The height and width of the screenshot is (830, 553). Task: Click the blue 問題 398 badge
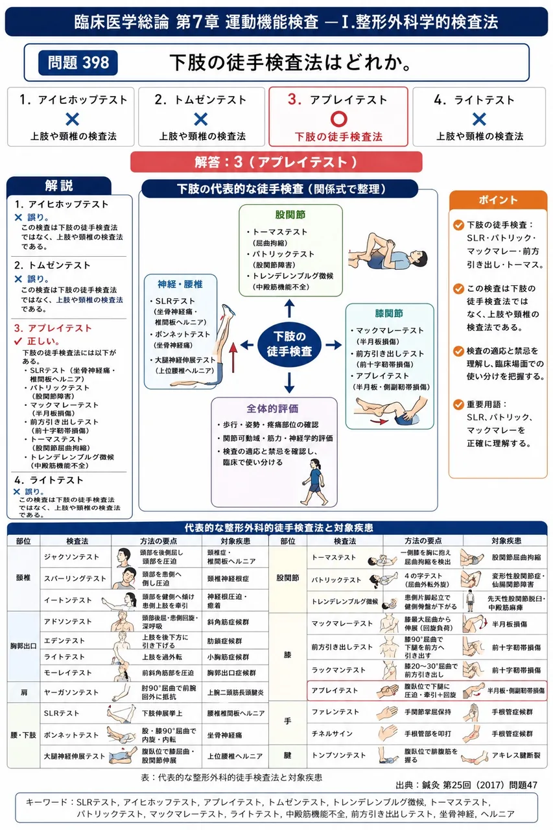78,63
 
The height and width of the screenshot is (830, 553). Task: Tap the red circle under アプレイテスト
338,119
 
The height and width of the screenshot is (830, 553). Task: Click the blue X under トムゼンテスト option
201,119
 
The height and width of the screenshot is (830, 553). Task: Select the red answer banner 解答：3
276,162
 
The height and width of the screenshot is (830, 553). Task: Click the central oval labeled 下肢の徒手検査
289,344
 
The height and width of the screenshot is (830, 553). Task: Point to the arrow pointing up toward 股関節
289,308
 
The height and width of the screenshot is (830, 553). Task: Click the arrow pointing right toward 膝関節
333,344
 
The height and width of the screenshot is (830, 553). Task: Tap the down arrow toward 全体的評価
289,383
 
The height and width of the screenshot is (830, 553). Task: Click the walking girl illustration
314,482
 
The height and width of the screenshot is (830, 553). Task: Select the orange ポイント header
498,200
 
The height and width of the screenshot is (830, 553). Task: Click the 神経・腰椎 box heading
180,284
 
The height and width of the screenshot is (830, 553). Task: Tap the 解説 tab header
59,185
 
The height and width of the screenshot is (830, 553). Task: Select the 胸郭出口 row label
23,646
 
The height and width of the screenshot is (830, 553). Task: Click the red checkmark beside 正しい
18,341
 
